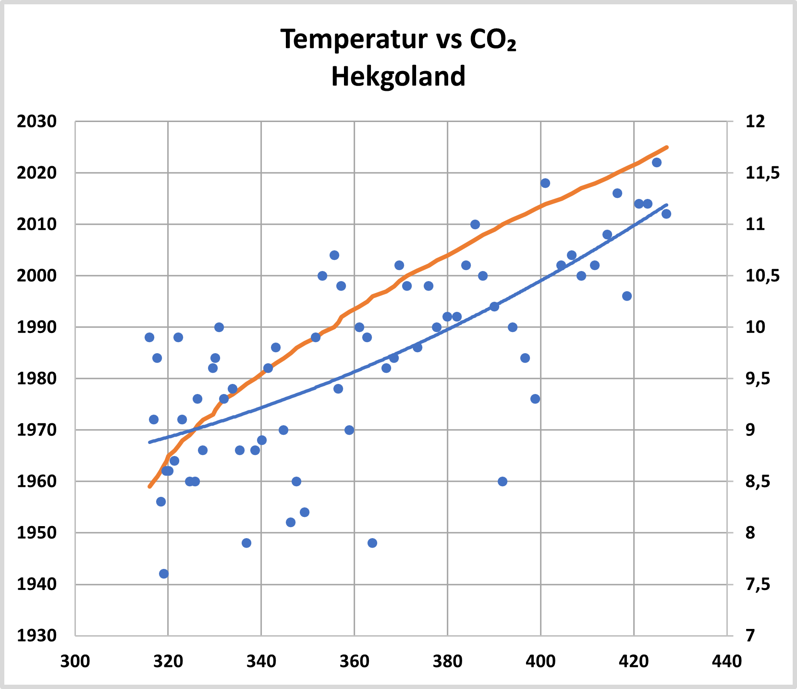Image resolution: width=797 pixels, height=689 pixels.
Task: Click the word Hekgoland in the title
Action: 398,76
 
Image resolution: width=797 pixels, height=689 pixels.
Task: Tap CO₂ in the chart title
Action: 493,40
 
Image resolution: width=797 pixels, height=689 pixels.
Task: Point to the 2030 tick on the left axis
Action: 37,122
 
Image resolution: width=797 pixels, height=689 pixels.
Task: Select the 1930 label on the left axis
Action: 37,636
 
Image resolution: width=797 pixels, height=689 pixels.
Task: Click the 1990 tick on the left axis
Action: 37,327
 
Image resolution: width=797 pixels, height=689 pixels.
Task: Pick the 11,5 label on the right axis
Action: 762,173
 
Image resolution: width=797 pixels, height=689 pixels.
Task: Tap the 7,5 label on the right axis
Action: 758,584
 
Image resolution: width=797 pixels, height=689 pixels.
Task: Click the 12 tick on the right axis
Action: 755,122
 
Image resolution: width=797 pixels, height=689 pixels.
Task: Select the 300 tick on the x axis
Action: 75,662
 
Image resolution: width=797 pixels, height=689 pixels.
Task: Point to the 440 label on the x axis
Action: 727,662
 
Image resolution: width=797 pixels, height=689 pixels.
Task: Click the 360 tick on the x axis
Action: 354,662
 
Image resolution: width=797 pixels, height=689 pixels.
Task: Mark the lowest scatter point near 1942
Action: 164,574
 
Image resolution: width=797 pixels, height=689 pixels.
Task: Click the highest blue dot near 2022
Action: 657,162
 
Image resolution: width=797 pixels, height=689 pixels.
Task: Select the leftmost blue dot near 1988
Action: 149,337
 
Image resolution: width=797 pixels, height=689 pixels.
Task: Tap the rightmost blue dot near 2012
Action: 666,214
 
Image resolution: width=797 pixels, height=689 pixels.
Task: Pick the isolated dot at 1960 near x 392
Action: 503,481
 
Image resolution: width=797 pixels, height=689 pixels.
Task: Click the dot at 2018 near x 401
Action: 545,183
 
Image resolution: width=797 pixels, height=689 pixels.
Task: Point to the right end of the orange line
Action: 667,147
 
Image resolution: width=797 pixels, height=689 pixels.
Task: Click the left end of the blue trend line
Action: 150,442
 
